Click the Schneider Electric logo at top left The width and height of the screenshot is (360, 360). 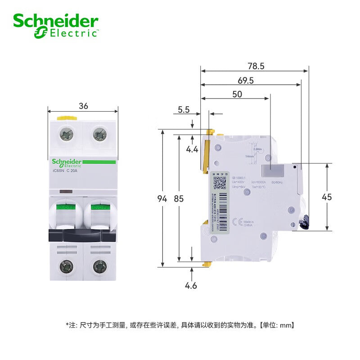[56, 25]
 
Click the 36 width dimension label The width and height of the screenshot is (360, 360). [83, 106]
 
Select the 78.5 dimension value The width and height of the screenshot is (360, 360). [256, 66]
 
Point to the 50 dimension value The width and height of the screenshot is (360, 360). [237, 94]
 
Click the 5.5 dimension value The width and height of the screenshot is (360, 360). [184, 109]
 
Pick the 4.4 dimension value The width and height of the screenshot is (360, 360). [193, 149]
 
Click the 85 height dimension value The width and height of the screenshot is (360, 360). [179, 198]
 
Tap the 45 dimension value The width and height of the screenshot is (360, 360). [340, 197]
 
